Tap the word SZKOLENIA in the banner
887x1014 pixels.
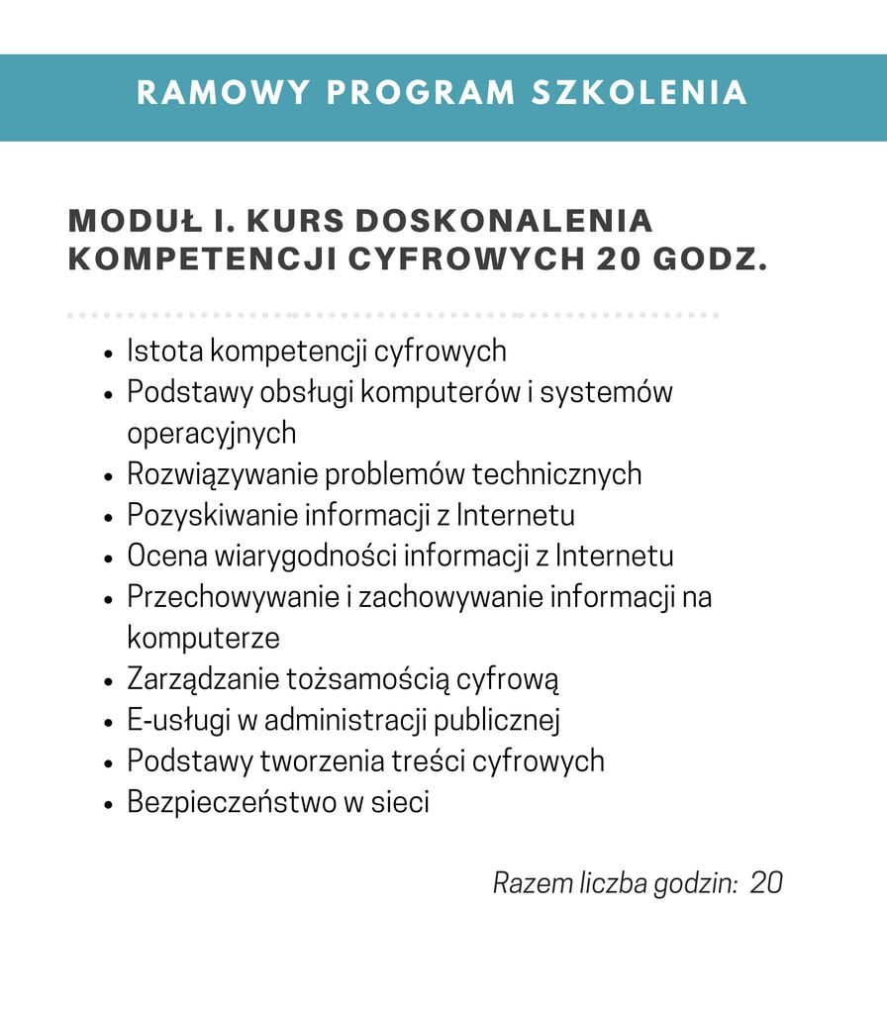[x=640, y=92]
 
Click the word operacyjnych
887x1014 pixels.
[x=211, y=434]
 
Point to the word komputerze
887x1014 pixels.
[x=203, y=638]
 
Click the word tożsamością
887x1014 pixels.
[x=368, y=680]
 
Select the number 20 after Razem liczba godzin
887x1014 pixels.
[x=766, y=882]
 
